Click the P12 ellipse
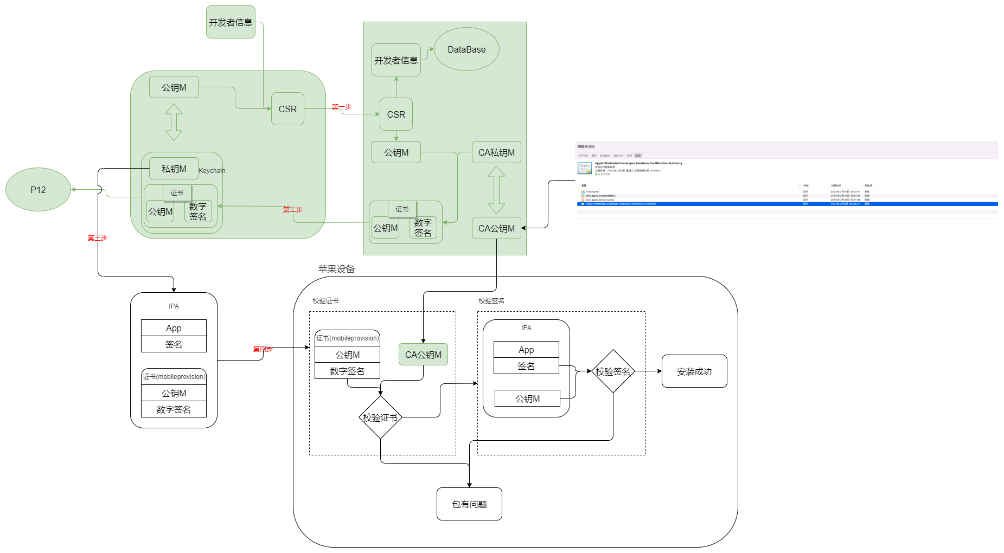(38, 190)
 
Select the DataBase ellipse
(466, 49)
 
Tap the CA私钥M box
(496, 152)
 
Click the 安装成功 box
(694, 371)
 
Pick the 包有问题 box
(469, 504)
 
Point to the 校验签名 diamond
(613, 371)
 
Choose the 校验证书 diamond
(380, 417)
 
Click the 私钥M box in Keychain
(174, 169)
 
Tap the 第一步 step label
(341, 107)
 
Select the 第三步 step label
(98, 237)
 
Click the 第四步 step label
(263, 349)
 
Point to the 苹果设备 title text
(336, 269)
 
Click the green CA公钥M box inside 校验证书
(423, 355)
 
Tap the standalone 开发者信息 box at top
(231, 22)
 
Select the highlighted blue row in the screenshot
(786, 204)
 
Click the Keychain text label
(212, 171)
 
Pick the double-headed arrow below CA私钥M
(496, 190)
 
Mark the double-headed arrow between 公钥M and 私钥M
(174, 123)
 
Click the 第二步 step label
(292, 210)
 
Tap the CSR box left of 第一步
(287, 109)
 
